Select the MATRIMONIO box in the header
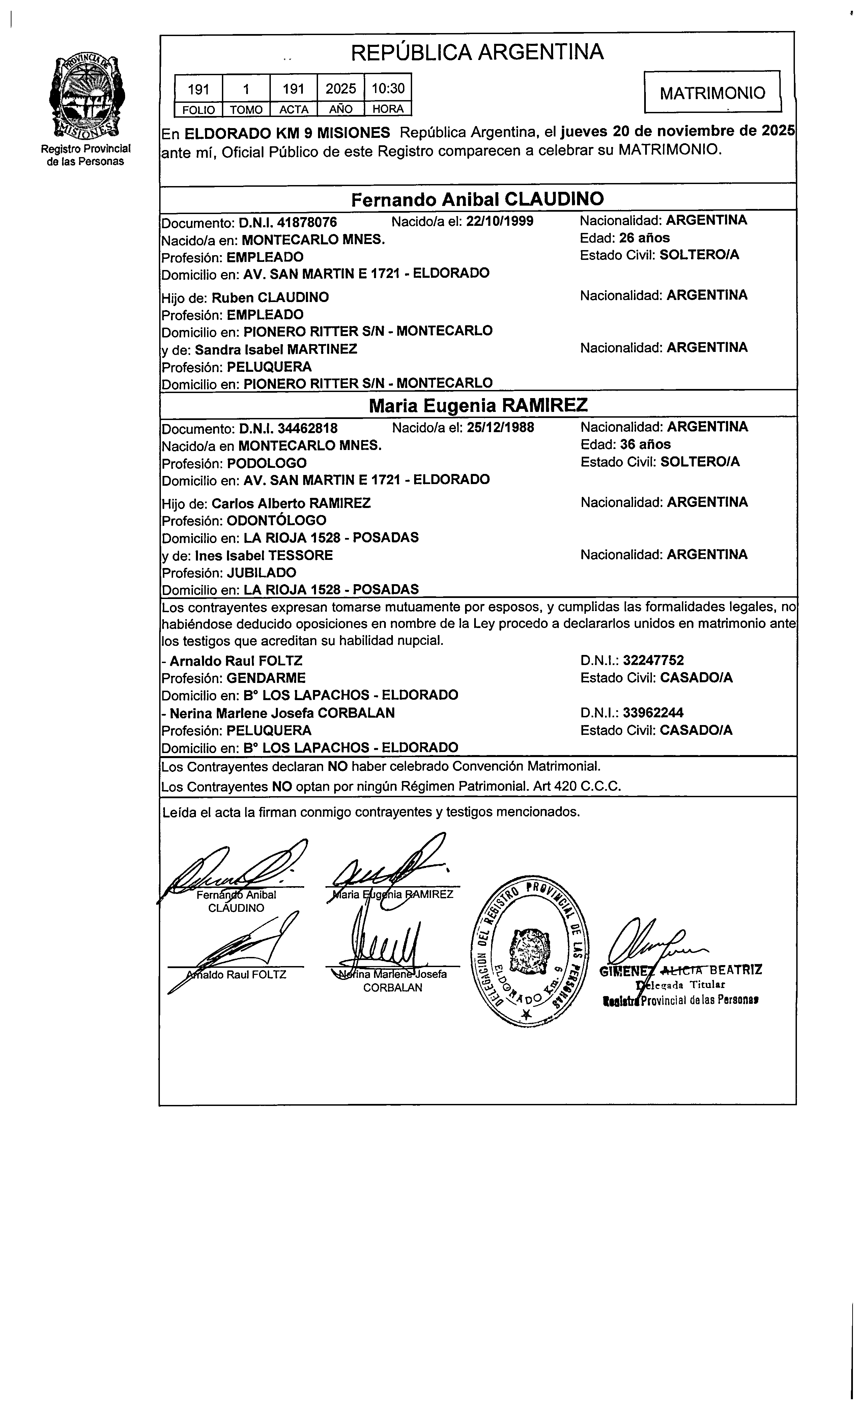[712, 93]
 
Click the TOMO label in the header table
[246, 109]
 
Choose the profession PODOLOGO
[267, 463]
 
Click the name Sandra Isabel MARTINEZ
[276, 349]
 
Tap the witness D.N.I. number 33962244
[653, 713]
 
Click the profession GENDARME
[266, 678]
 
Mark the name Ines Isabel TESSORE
[264, 556]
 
